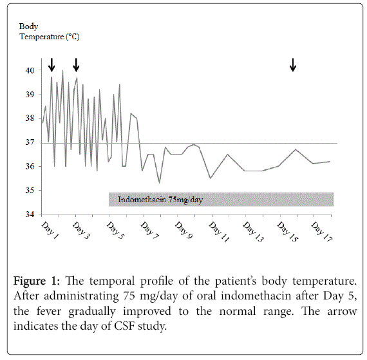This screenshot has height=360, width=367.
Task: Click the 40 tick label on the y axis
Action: point(30,70)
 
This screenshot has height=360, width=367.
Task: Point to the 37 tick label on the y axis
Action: point(30,142)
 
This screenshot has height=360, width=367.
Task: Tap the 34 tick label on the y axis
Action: point(30,214)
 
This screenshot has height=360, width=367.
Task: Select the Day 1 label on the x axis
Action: point(50,231)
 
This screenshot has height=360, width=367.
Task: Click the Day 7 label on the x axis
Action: point(149,231)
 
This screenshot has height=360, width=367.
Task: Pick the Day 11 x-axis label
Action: point(219,232)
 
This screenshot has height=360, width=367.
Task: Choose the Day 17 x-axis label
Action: point(321,232)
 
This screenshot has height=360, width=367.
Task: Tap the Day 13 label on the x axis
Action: point(253,232)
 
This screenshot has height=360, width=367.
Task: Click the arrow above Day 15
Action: point(293,65)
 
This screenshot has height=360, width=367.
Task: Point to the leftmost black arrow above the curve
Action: point(52,65)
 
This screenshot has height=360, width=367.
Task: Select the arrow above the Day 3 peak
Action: point(76,65)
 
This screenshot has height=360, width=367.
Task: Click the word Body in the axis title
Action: point(28,26)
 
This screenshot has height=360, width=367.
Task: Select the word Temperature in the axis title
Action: point(42,37)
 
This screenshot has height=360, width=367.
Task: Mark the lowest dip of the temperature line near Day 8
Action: point(160,183)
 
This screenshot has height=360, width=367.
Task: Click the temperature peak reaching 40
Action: point(62,70)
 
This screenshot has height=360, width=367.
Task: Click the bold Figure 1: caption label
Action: point(37,281)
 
